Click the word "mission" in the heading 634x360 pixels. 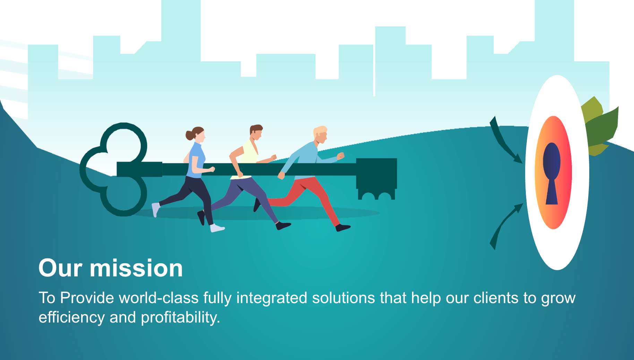coord(136,268)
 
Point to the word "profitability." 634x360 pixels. coord(181,318)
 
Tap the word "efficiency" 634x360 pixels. coord(72,318)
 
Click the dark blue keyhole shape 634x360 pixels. coord(551,173)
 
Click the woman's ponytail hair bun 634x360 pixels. coord(190,135)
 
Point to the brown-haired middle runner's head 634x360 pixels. coord(256,132)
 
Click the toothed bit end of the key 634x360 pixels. coord(377,179)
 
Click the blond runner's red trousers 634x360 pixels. coord(305,198)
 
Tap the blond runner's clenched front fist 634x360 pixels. coord(341,156)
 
